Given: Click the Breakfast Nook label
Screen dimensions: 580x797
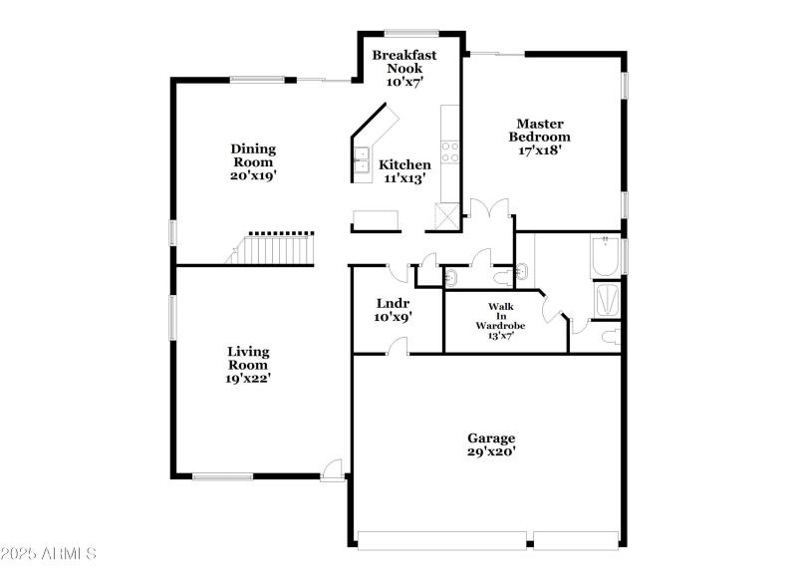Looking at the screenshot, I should click(398, 62).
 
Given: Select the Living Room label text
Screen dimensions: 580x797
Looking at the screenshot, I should click(248, 358).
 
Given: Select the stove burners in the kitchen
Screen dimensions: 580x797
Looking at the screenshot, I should click(450, 151).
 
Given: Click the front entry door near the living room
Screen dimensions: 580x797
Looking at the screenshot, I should click(334, 468).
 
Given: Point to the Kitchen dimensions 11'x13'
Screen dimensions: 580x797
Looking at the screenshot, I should click(406, 179).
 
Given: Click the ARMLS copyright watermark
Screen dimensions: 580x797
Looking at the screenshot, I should click(48, 552).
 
